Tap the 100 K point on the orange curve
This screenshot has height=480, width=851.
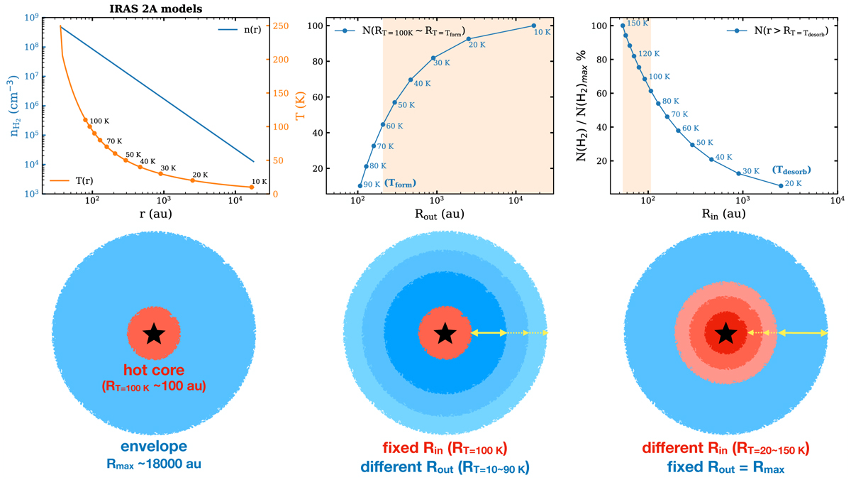click(x=86, y=120)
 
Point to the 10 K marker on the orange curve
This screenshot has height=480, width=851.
click(x=252, y=187)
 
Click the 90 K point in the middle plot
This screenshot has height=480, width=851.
click(x=360, y=186)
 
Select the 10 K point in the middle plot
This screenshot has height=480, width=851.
click(x=534, y=26)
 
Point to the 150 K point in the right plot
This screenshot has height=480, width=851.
click(x=623, y=26)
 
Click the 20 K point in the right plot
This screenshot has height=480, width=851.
click(x=781, y=186)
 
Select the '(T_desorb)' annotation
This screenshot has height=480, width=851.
click(x=791, y=170)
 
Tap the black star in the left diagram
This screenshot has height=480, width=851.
click(x=153, y=334)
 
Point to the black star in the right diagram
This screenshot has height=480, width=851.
click(x=725, y=333)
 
